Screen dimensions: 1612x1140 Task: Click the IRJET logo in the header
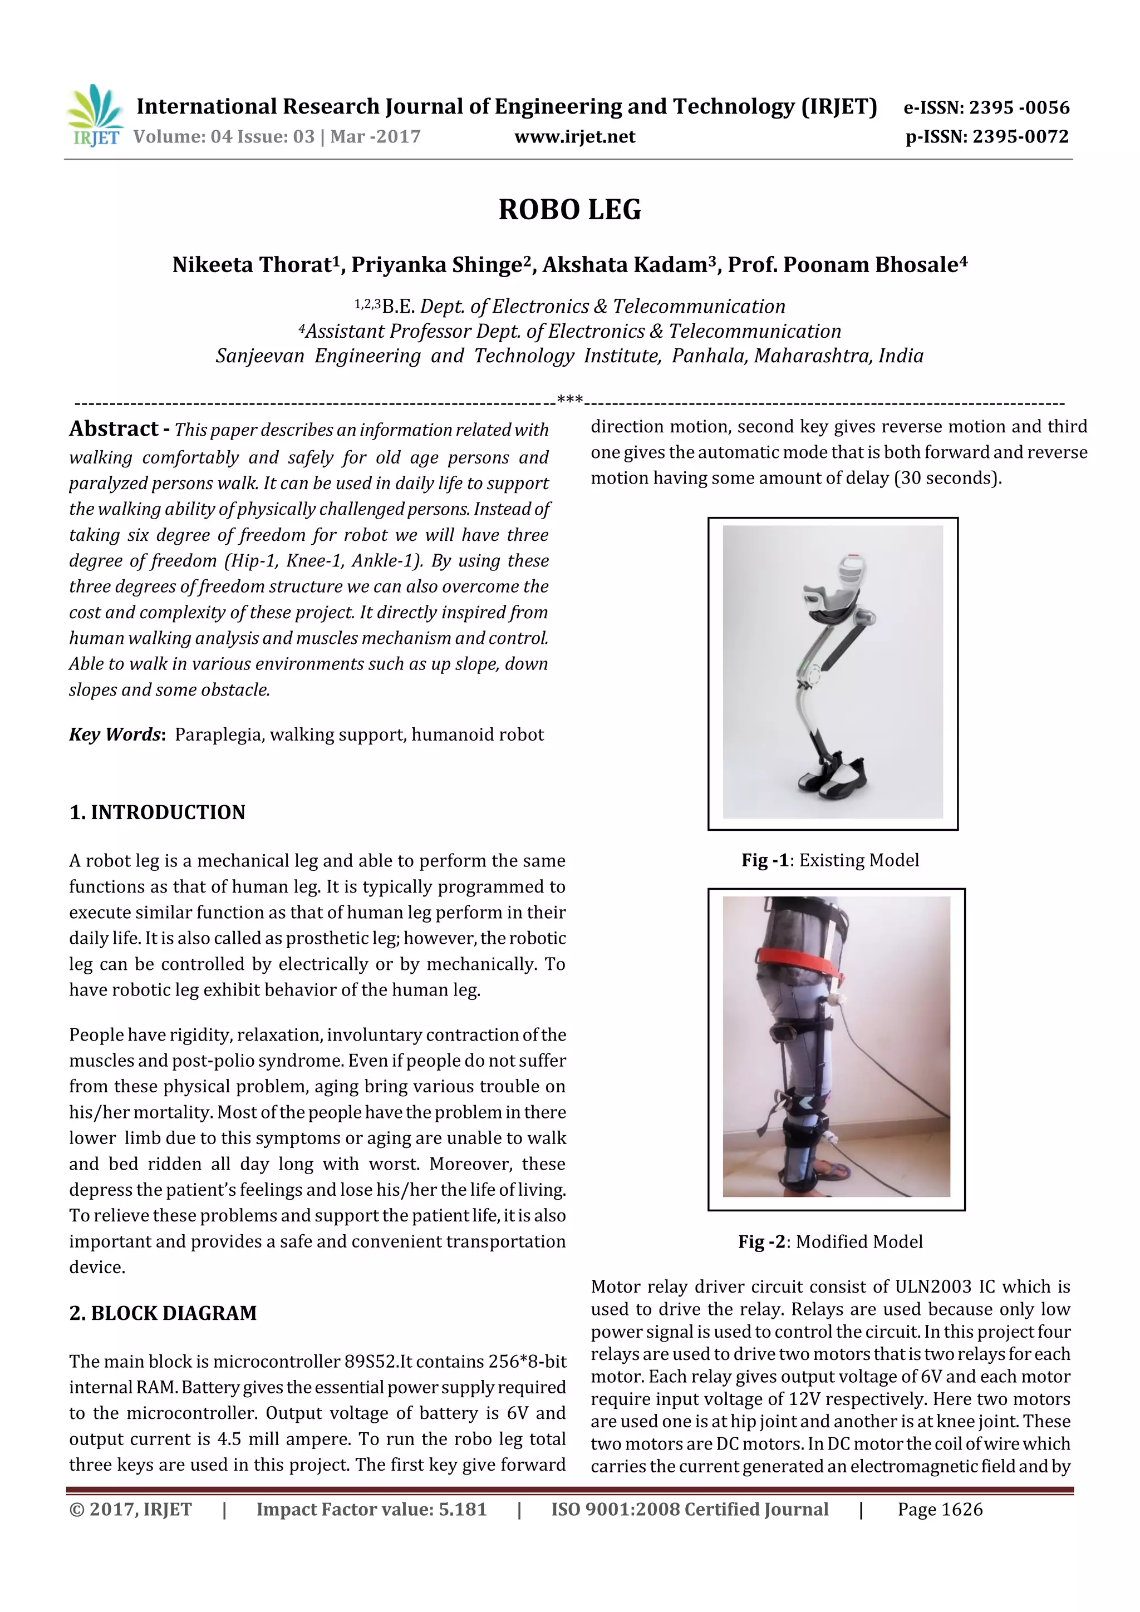pyautogui.click(x=95, y=116)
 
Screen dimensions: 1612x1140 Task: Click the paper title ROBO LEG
pyautogui.click(x=569, y=210)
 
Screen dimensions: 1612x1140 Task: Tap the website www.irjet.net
pyautogui.click(x=574, y=137)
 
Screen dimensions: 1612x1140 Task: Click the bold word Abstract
pyautogui.click(x=114, y=428)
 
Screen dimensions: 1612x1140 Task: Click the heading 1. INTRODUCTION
pyautogui.click(x=158, y=812)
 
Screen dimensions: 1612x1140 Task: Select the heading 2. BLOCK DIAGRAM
pyautogui.click(x=163, y=1313)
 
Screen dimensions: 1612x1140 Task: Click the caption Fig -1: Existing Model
pyautogui.click(x=831, y=860)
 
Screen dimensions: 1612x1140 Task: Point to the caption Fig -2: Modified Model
pyautogui.click(x=831, y=1241)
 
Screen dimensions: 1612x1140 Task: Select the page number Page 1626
pyautogui.click(x=940, y=1510)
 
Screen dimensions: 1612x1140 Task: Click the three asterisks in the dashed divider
pyautogui.click(x=569, y=400)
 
